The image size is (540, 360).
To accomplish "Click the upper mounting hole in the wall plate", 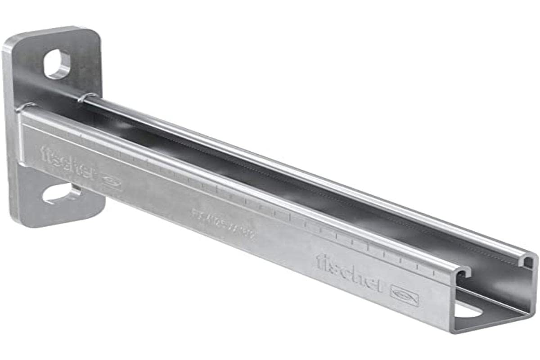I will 57,64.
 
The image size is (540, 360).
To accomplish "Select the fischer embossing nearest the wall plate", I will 67,158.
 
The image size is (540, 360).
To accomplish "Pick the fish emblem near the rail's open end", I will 405,295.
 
